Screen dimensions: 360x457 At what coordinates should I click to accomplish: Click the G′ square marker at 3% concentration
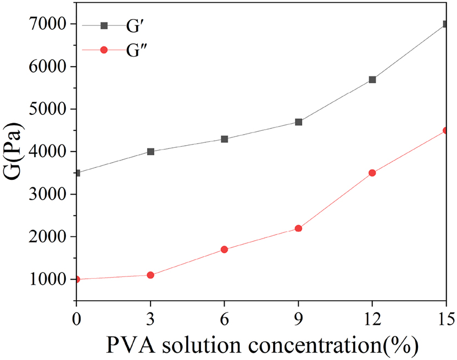point(151,152)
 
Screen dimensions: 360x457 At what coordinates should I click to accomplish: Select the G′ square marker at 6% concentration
point(224,139)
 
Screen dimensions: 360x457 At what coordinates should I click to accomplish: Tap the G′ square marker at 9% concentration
point(298,122)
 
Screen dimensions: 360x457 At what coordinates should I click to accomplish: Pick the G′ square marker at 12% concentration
point(372,80)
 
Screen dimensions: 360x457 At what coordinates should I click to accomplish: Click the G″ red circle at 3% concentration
point(151,275)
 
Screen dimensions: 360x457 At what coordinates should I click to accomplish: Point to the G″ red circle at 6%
point(224,250)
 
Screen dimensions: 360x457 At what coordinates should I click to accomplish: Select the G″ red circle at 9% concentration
point(298,228)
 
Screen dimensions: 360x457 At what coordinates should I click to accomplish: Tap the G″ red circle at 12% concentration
point(372,173)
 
